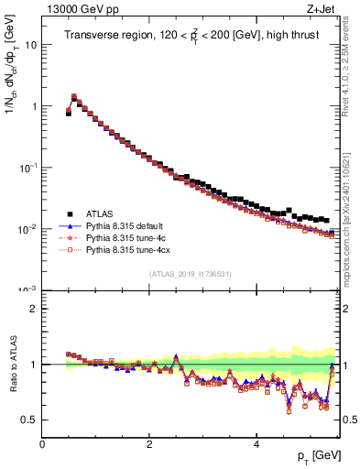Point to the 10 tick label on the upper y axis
pyautogui.click(x=31, y=44)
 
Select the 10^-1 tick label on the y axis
pyautogui.click(x=28, y=167)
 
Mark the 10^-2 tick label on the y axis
pyautogui.click(x=28, y=228)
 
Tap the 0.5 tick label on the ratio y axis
pyautogui.click(x=30, y=420)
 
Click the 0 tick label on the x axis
pyautogui.click(x=42, y=443)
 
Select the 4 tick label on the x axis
pyautogui.click(x=256, y=443)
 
